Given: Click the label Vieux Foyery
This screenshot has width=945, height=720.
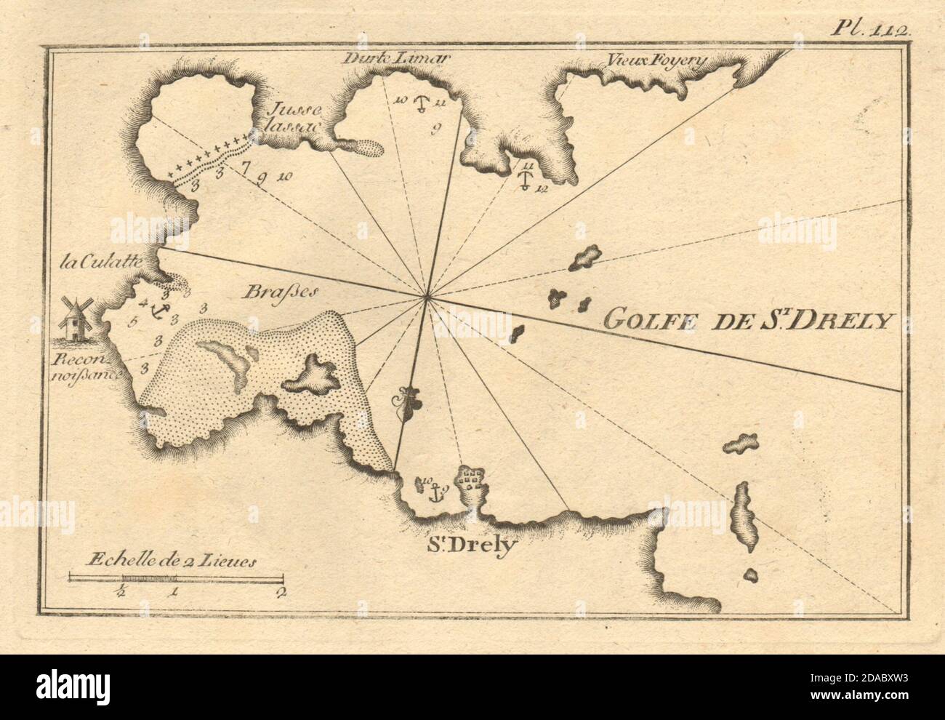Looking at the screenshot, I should (x=652, y=63).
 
